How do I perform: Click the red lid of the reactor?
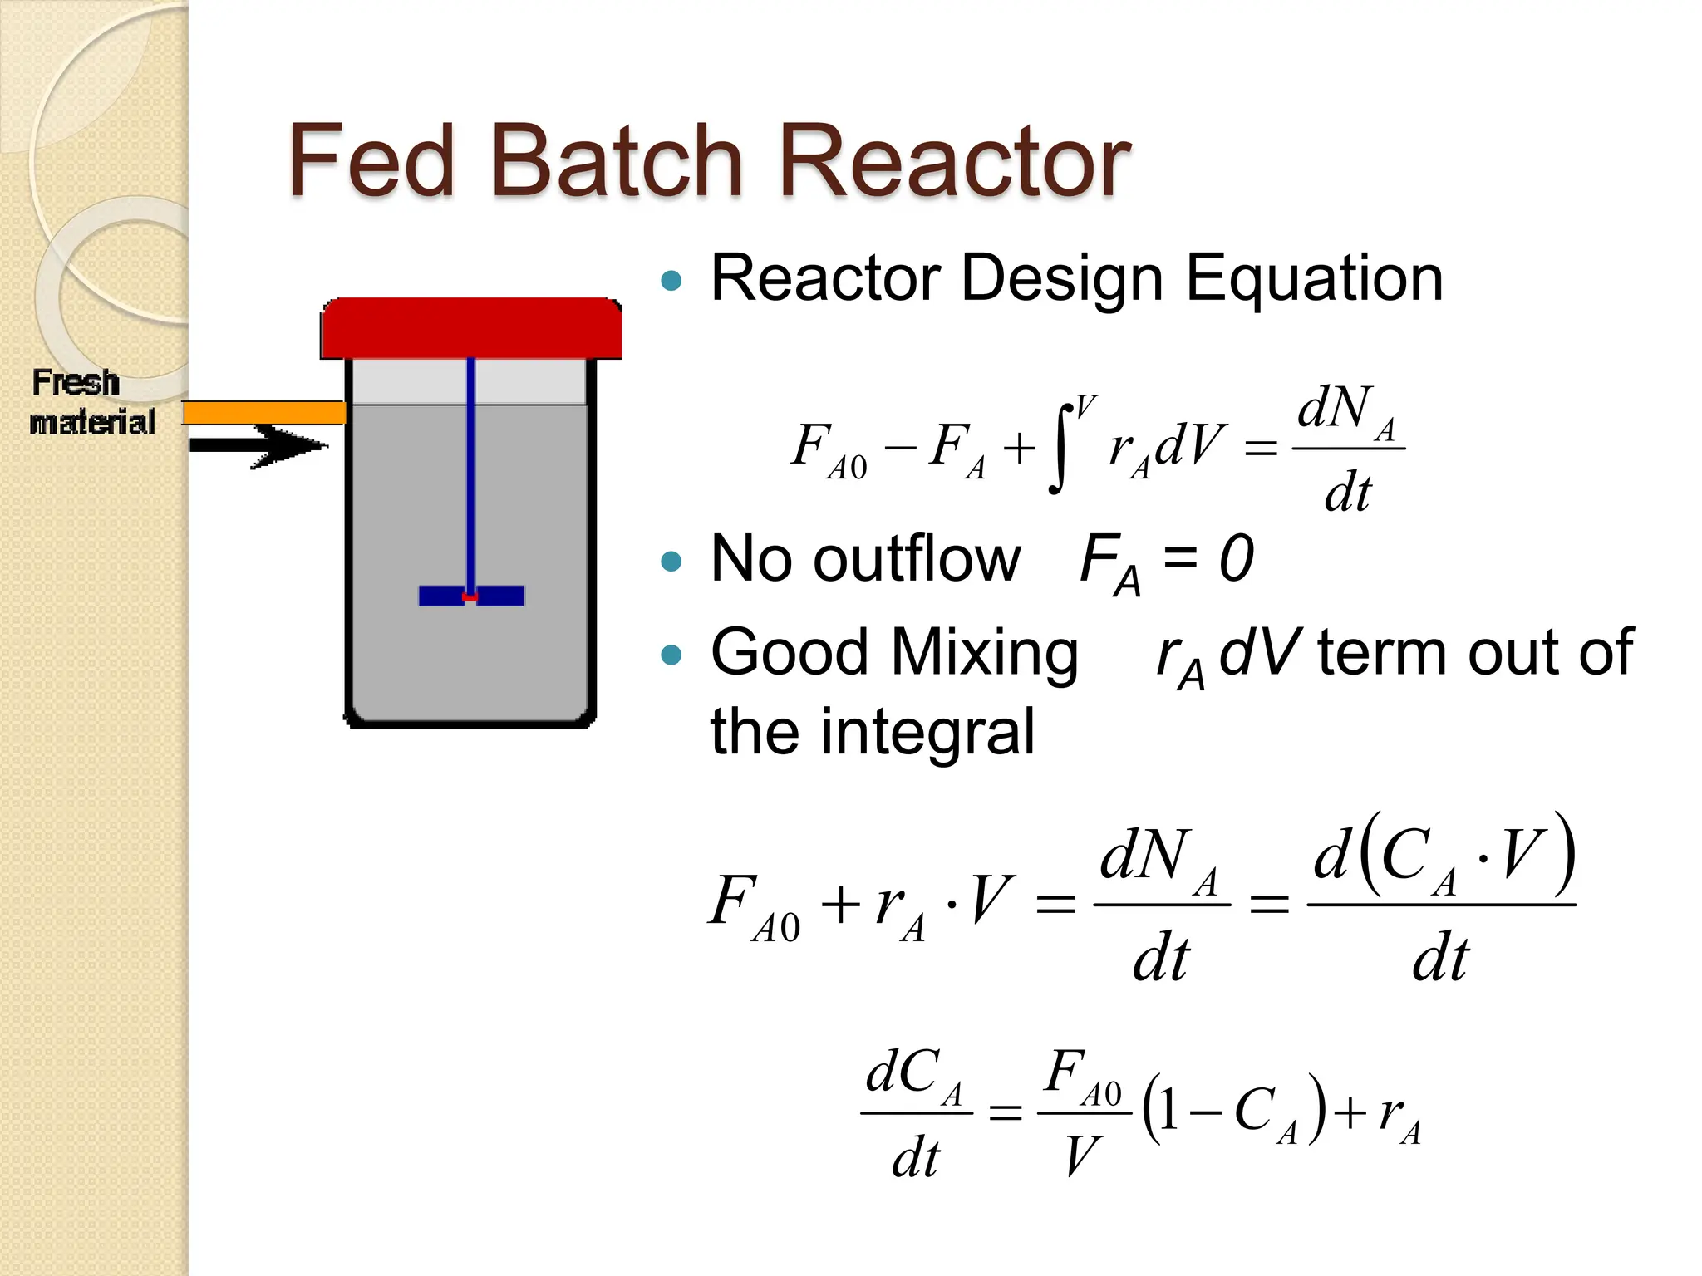471,328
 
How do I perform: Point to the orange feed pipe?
264,412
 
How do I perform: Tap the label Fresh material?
91,402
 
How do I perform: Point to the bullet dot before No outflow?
671,562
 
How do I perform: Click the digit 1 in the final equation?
1168,1111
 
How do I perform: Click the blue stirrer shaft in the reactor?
471,474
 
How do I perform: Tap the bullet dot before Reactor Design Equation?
671,280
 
